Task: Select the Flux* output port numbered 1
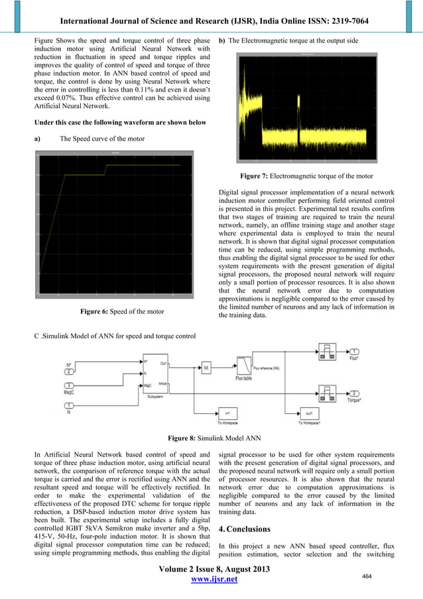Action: click(355, 352)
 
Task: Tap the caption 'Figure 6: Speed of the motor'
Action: click(121, 311)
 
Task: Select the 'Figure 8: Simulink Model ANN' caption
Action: click(211, 438)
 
